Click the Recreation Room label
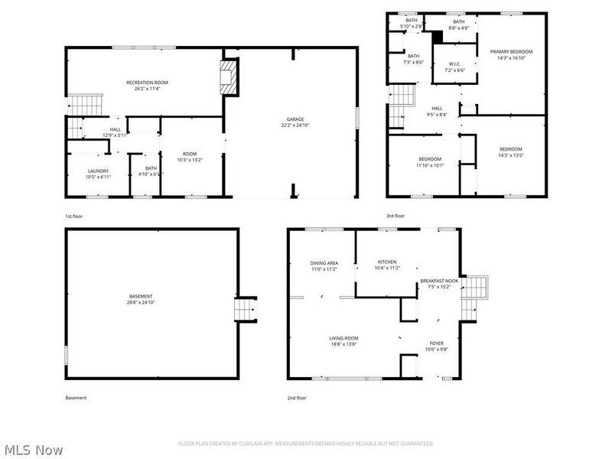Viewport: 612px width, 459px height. (x=147, y=83)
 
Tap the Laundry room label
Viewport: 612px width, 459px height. (x=98, y=171)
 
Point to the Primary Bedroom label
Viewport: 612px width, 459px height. (x=511, y=51)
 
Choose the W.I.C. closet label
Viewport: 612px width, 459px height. (x=454, y=63)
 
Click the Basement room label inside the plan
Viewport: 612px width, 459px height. (x=141, y=296)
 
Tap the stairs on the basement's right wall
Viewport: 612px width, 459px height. (x=246, y=308)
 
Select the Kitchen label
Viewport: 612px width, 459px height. (x=386, y=262)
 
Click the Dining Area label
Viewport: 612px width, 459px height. (x=324, y=262)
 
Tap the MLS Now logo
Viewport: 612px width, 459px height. (x=34, y=450)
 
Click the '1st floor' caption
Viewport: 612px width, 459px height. (x=74, y=216)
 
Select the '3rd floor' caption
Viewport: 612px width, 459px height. (x=396, y=216)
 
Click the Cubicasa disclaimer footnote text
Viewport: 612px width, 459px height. (x=306, y=443)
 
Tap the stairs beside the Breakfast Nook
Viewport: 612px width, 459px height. (x=475, y=288)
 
